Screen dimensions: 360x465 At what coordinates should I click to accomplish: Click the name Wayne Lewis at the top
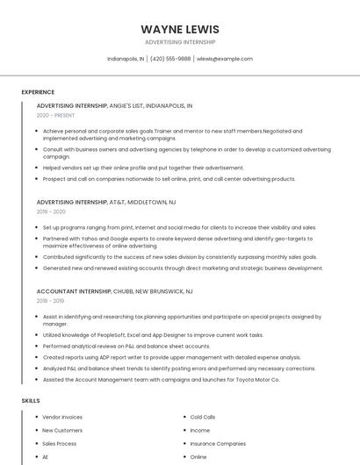[x=180, y=29]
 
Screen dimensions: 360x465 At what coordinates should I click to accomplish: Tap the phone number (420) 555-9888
[x=170, y=59]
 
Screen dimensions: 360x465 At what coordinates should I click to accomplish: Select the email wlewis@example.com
[x=225, y=59]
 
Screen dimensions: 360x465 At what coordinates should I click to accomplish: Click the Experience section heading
[x=38, y=92]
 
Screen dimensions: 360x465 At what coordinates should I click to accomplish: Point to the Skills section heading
[x=31, y=400]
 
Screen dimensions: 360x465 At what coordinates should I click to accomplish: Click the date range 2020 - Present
[x=55, y=115]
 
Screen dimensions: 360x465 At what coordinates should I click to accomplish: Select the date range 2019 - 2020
[x=51, y=211]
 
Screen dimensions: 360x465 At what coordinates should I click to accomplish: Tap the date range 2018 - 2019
[x=51, y=300]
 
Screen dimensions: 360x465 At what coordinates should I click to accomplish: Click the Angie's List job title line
[x=114, y=105]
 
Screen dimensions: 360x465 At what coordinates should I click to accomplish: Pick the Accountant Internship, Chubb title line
[x=115, y=290]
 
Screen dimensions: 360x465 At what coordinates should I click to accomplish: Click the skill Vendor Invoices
[x=62, y=417]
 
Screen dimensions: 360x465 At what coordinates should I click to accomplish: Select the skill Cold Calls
[x=203, y=417]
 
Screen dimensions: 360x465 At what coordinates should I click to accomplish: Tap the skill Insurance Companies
[x=218, y=443]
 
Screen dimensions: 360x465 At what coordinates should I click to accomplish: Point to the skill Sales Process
[x=60, y=443]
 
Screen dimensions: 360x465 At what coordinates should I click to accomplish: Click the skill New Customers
[x=62, y=430]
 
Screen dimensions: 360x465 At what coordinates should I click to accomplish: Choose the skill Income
[x=200, y=430]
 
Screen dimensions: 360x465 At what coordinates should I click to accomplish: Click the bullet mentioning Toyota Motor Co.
[x=161, y=380]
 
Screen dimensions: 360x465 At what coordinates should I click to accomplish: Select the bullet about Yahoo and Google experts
[x=176, y=241]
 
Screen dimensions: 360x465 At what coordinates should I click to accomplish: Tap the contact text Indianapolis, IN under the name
[x=126, y=59]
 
